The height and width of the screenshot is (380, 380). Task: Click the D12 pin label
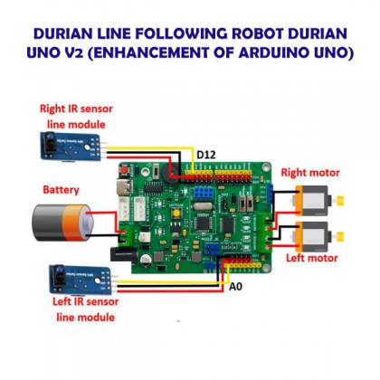(205, 156)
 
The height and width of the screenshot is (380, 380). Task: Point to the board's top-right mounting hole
(263, 167)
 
